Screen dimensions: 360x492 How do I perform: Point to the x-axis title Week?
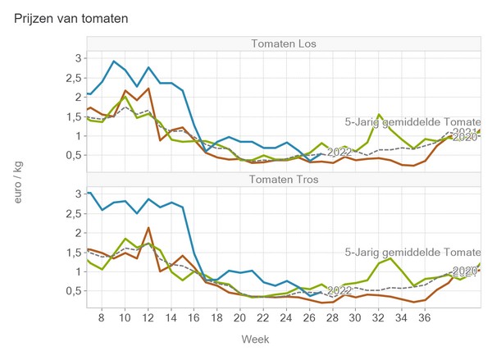point(254,339)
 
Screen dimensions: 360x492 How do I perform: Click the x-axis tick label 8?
point(101,317)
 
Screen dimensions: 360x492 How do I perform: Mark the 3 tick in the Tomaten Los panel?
point(79,58)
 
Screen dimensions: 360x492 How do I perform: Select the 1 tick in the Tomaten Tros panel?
point(79,271)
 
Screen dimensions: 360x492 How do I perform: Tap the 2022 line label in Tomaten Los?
point(339,153)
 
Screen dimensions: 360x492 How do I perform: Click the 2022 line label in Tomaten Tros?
point(339,290)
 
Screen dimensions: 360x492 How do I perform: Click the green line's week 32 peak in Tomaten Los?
point(379,115)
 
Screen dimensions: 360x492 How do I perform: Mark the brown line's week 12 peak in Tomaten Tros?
point(148,228)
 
